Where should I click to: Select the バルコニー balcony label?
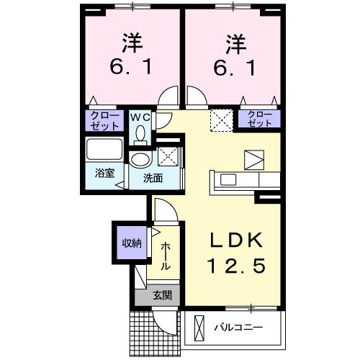[x=238, y=328]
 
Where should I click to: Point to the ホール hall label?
[x=165, y=256]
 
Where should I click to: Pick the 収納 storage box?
[x=131, y=243]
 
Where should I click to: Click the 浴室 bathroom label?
[x=105, y=173]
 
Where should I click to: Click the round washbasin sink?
[x=140, y=159]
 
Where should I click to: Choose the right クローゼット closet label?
[x=260, y=119]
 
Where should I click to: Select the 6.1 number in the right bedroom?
[x=232, y=69]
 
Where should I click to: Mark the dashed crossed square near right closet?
[x=220, y=119]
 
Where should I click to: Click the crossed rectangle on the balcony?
[x=200, y=328]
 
